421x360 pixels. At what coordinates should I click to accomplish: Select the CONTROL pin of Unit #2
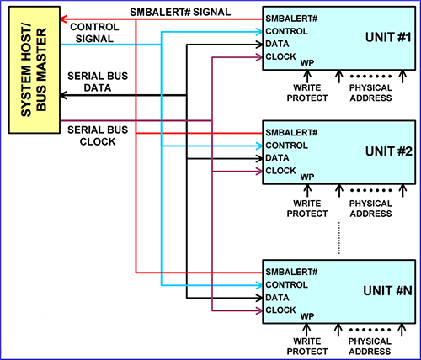pyautogui.click(x=287, y=146)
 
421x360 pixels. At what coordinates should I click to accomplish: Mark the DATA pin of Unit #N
pyautogui.click(x=278, y=298)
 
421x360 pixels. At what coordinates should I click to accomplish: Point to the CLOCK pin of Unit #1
pyautogui.click(x=280, y=56)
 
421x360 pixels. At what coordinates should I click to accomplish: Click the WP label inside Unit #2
pyautogui.click(x=307, y=178)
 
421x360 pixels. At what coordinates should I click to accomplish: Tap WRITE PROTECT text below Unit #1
pyautogui.click(x=310, y=93)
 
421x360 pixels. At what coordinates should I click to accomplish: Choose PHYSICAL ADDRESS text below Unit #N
pyautogui.click(x=370, y=347)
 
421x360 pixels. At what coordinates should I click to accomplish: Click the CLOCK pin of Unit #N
pyautogui.click(x=280, y=310)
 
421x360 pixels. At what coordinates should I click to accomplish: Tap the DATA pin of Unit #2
pyautogui.click(x=278, y=158)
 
